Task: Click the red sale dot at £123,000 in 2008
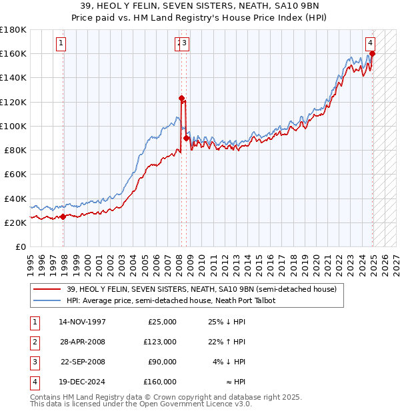(x=181, y=98)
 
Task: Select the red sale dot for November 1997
(x=63, y=216)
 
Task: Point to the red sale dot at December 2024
(x=373, y=54)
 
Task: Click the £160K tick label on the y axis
(x=13, y=53)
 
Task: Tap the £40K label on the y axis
(x=16, y=199)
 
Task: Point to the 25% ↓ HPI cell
(x=227, y=322)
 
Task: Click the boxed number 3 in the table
(x=33, y=362)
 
